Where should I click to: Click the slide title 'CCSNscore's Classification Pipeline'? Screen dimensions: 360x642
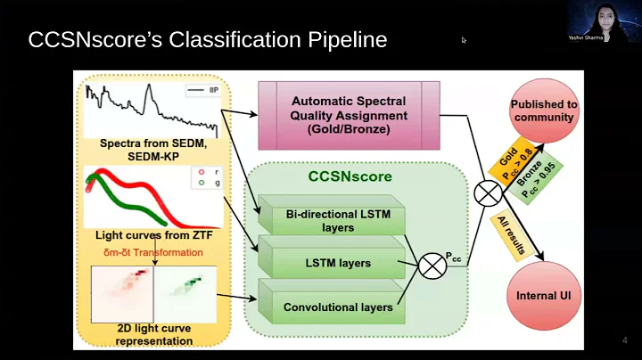pos(208,40)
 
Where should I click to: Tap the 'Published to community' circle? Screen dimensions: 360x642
pos(543,110)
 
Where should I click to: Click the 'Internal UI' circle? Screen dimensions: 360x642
pos(543,295)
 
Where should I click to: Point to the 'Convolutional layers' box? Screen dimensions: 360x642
pos(337,307)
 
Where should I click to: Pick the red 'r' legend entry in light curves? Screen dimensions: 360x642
pos(203,172)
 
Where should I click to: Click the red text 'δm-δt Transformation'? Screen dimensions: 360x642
pos(154,251)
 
